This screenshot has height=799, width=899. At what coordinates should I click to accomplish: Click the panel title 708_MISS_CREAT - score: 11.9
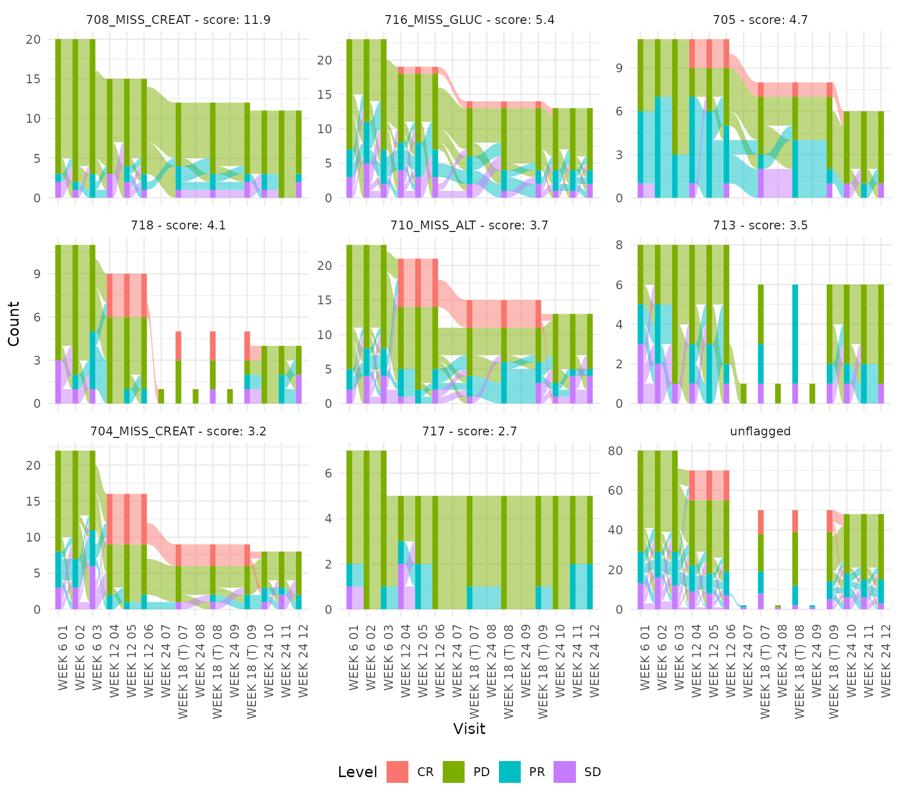(x=178, y=20)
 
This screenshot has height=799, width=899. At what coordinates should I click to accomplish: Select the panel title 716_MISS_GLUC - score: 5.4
(x=469, y=20)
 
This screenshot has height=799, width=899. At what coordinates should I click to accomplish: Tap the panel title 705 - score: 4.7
(x=760, y=20)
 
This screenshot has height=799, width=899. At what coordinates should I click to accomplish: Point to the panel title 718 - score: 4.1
(x=178, y=225)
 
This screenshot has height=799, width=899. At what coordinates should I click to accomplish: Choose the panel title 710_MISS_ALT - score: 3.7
(x=469, y=225)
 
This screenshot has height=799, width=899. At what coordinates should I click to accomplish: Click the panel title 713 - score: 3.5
(x=760, y=225)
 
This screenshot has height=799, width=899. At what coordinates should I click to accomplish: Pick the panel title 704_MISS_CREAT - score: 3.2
(x=178, y=431)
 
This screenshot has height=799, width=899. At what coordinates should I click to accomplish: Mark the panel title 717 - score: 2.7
(x=469, y=431)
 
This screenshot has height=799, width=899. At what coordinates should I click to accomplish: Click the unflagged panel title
(x=760, y=431)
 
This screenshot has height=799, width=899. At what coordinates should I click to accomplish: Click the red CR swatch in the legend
(x=397, y=772)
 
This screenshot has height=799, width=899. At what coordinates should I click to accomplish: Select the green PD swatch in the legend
(x=454, y=772)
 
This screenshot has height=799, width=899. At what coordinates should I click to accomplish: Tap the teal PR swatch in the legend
(x=509, y=772)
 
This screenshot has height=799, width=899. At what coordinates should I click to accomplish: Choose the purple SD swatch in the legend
(x=564, y=772)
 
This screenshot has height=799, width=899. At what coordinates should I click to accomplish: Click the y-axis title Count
(x=14, y=324)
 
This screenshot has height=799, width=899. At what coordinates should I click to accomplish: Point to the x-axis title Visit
(x=469, y=729)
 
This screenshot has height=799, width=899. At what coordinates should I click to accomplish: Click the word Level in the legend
(x=357, y=772)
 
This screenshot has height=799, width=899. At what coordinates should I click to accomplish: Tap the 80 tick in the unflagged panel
(x=615, y=450)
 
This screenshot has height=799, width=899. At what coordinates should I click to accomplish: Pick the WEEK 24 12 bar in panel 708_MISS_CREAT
(x=299, y=154)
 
